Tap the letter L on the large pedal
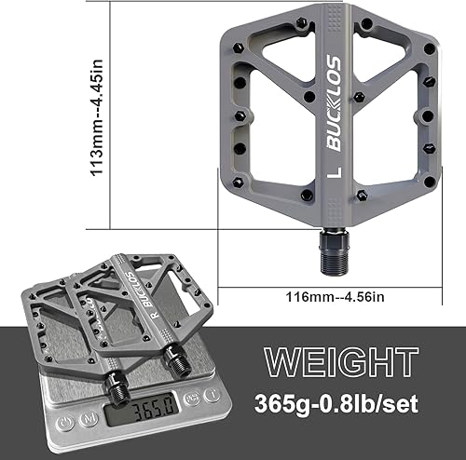(331, 174)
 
